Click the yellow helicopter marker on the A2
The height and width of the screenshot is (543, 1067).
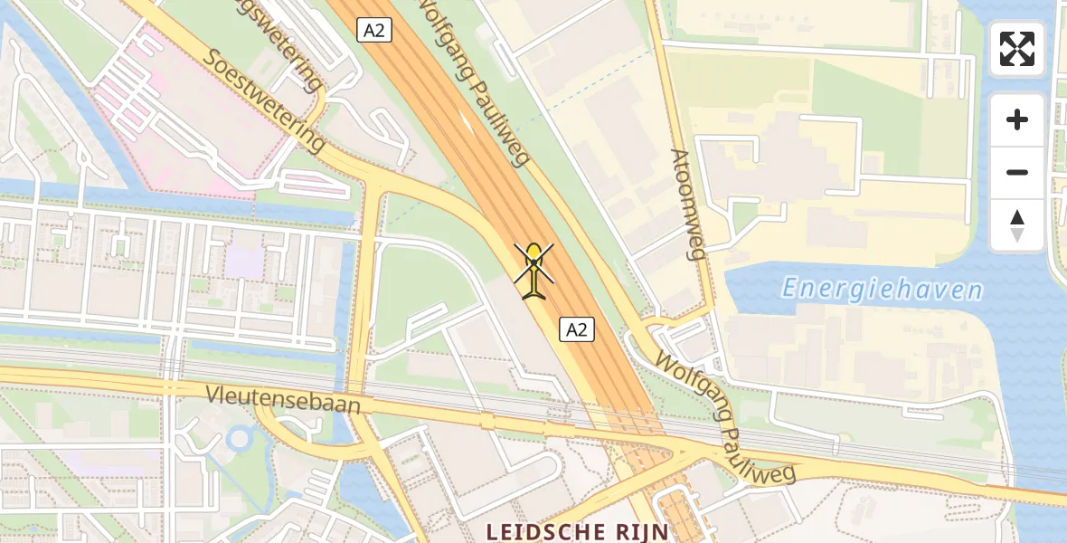(x=534, y=270)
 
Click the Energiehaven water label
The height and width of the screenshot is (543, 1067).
(x=882, y=290)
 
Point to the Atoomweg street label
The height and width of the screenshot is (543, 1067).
(x=688, y=204)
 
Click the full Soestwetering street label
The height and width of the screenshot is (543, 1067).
(x=264, y=100)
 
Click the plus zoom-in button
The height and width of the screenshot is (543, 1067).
(x=1017, y=119)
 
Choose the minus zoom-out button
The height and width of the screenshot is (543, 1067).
(x=1017, y=172)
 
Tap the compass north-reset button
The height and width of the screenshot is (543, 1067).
(x=1017, y=224)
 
